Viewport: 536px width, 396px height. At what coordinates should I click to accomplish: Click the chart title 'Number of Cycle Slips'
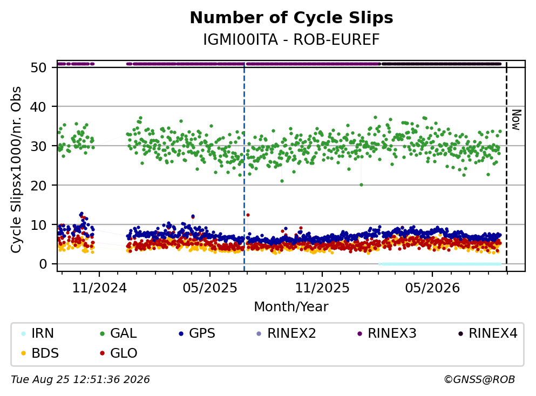click(x=291, y=18)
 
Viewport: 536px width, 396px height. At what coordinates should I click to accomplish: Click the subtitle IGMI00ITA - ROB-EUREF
click(x=291, y=39)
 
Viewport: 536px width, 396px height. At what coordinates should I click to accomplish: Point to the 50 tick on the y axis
click(x=39, y=67)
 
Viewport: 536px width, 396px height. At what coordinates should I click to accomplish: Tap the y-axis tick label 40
click(x=39, y=107)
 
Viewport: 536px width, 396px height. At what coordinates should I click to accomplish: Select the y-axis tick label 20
click(x=39, y=186)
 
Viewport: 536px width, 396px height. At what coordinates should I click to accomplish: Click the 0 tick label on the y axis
click(x=43, y=264)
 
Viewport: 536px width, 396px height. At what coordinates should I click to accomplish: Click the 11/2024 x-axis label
click(x=99, y=288)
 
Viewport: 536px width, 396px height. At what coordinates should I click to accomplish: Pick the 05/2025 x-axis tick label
click(x=210, y=288)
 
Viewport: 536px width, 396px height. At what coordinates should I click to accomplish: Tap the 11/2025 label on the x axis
click(x=322, y=288)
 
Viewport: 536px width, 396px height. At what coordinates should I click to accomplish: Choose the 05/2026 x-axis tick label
click(x=432, y=288)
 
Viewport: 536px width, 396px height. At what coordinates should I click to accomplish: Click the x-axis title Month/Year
click(x=291, y=307)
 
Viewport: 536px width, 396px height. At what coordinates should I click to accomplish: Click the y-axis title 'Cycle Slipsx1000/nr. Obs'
click(x=16, y=170)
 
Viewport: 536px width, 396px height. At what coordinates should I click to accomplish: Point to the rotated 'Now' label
click(x=516, y=120)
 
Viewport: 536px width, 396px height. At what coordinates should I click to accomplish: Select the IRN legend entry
click(x=37, y=333)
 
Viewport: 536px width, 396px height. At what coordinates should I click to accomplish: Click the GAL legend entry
click(x=118, y=333)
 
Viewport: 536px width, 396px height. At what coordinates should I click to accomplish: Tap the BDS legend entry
click(x=39, y=353)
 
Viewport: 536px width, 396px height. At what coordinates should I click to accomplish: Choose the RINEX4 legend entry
click(x=488, y=333)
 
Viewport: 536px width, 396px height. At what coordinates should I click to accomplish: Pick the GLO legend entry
click(x=119, y=353)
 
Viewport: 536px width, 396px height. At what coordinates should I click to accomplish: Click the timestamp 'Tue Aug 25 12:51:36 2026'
click(x=80, y=380)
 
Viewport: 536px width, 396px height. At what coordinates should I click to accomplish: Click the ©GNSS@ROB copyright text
click(x=479, y=380)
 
